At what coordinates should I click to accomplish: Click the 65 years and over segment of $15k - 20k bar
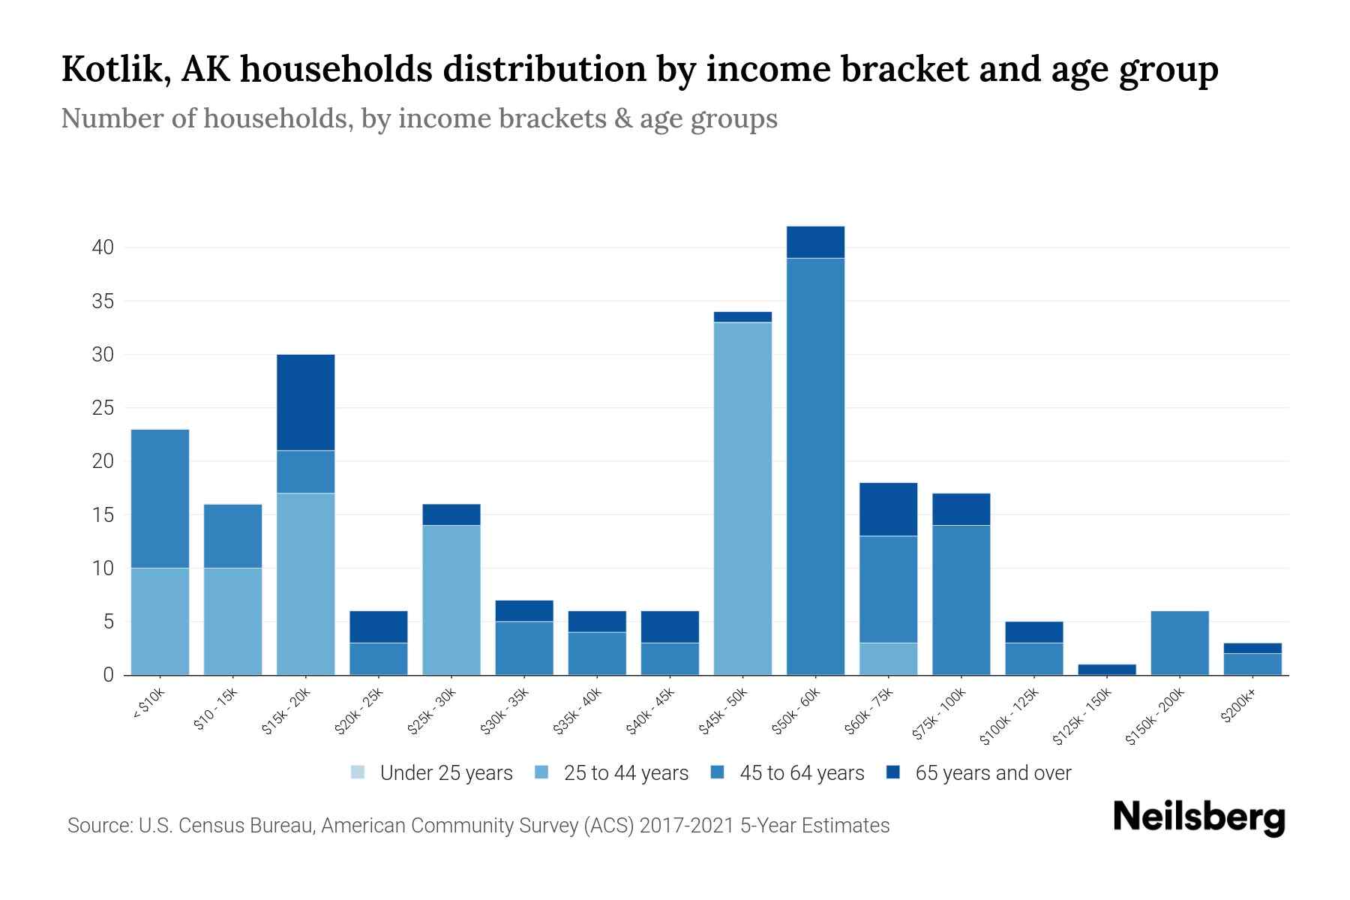pos(305,402)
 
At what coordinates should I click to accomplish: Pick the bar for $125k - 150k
pos(1107,669)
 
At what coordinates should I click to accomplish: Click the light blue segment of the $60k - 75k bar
pos(888,658)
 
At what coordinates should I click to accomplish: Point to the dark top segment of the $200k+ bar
pos(1252,648)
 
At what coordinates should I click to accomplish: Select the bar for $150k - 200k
pos(1180,643)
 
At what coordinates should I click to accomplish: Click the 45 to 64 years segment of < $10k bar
pos(160,498)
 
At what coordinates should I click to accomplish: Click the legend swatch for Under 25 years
pos(358,772)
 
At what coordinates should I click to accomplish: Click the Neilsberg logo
pos(1198,817)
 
